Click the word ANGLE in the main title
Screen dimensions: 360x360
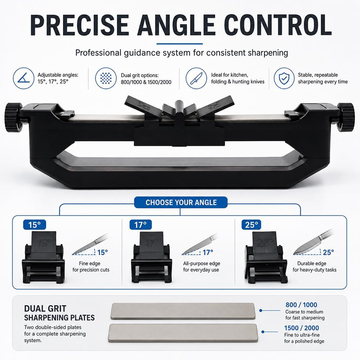pos(176,25)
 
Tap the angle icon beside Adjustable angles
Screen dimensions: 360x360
pos(23,78)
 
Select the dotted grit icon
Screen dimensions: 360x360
pos(106,78)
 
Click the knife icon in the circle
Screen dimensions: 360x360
pos(196,78)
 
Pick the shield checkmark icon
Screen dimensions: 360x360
pos(284,78)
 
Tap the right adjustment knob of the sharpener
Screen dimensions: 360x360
pos(346,117)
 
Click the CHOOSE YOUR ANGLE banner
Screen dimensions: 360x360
pos(181,202)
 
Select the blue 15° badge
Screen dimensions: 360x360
pos(35,225)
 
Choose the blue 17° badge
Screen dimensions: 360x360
pos(140,225)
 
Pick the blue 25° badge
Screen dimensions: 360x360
pos(251,225)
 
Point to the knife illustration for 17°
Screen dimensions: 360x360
pos(200,244)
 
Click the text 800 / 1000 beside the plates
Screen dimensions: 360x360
pos(301,305)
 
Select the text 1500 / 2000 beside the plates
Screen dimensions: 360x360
pos(301,328)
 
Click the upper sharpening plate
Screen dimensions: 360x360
pos(183,311)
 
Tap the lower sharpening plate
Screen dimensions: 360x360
pos(183,333)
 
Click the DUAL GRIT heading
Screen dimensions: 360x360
pos(45,309)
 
